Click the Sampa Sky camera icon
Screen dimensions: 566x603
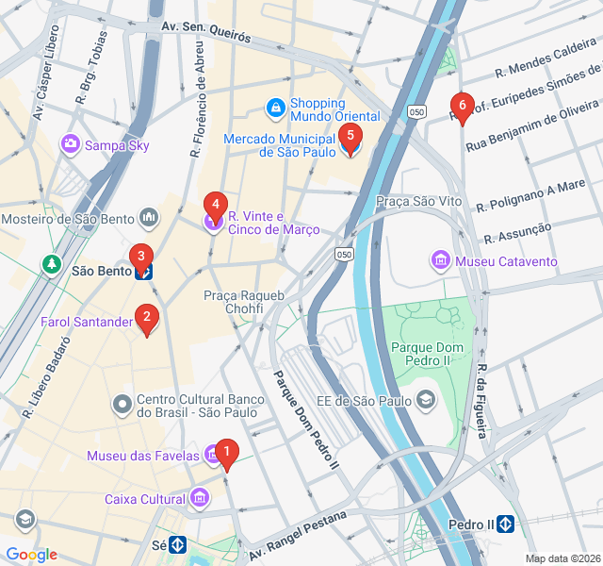click(x=71, y=144)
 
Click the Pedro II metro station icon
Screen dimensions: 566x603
click(x=506, y=524)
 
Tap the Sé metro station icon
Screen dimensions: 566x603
click(x=177, y=544)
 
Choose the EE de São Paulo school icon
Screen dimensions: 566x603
click(x=426, y=401)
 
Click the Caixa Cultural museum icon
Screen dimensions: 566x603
click(x=199, y=497)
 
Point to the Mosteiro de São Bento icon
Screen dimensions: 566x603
click(x=149, y=220)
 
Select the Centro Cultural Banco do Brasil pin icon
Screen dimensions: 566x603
click(x=122, y=407)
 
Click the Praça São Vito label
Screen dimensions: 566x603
click(x=418, y=201)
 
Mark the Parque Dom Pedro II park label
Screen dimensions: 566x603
click(x=428, y=354)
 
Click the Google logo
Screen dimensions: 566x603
click(x=31, y=555)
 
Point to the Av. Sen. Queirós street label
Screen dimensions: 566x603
click(x=206, y=34)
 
